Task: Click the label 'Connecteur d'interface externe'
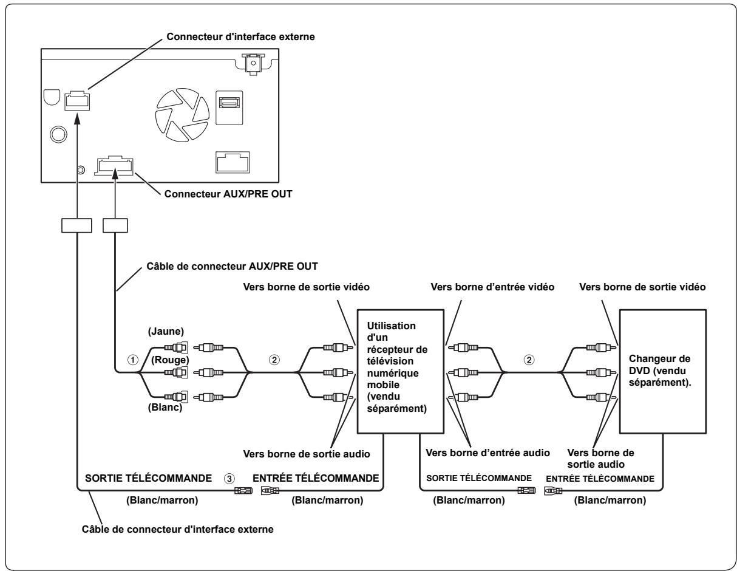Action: (x=240, y=36)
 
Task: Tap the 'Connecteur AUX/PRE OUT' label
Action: (x=228, y=194)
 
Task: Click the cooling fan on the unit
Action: (x=182, y=115)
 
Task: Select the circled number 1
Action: (x=132, y=360)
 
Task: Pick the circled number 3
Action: (x=229, y=479)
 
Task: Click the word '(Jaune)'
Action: (x=166, y=331)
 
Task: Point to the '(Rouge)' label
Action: (x=170, y=360)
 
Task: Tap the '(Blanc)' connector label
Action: (x=165, y=407)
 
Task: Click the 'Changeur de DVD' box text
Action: (x=660, y=371)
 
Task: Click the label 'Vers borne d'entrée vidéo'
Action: (x=492, y=287)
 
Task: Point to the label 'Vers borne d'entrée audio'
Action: (x=487, y=453)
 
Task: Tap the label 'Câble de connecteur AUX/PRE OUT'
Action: (x=232, y=266)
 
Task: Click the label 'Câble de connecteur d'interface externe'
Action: (x=178, y=529)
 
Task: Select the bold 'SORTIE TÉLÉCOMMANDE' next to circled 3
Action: (x=148, y=478)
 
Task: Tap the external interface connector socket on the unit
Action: (x=77, y=101)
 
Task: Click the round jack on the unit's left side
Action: (x=58, y=134)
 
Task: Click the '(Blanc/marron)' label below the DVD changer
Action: (x=610, y=500)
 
